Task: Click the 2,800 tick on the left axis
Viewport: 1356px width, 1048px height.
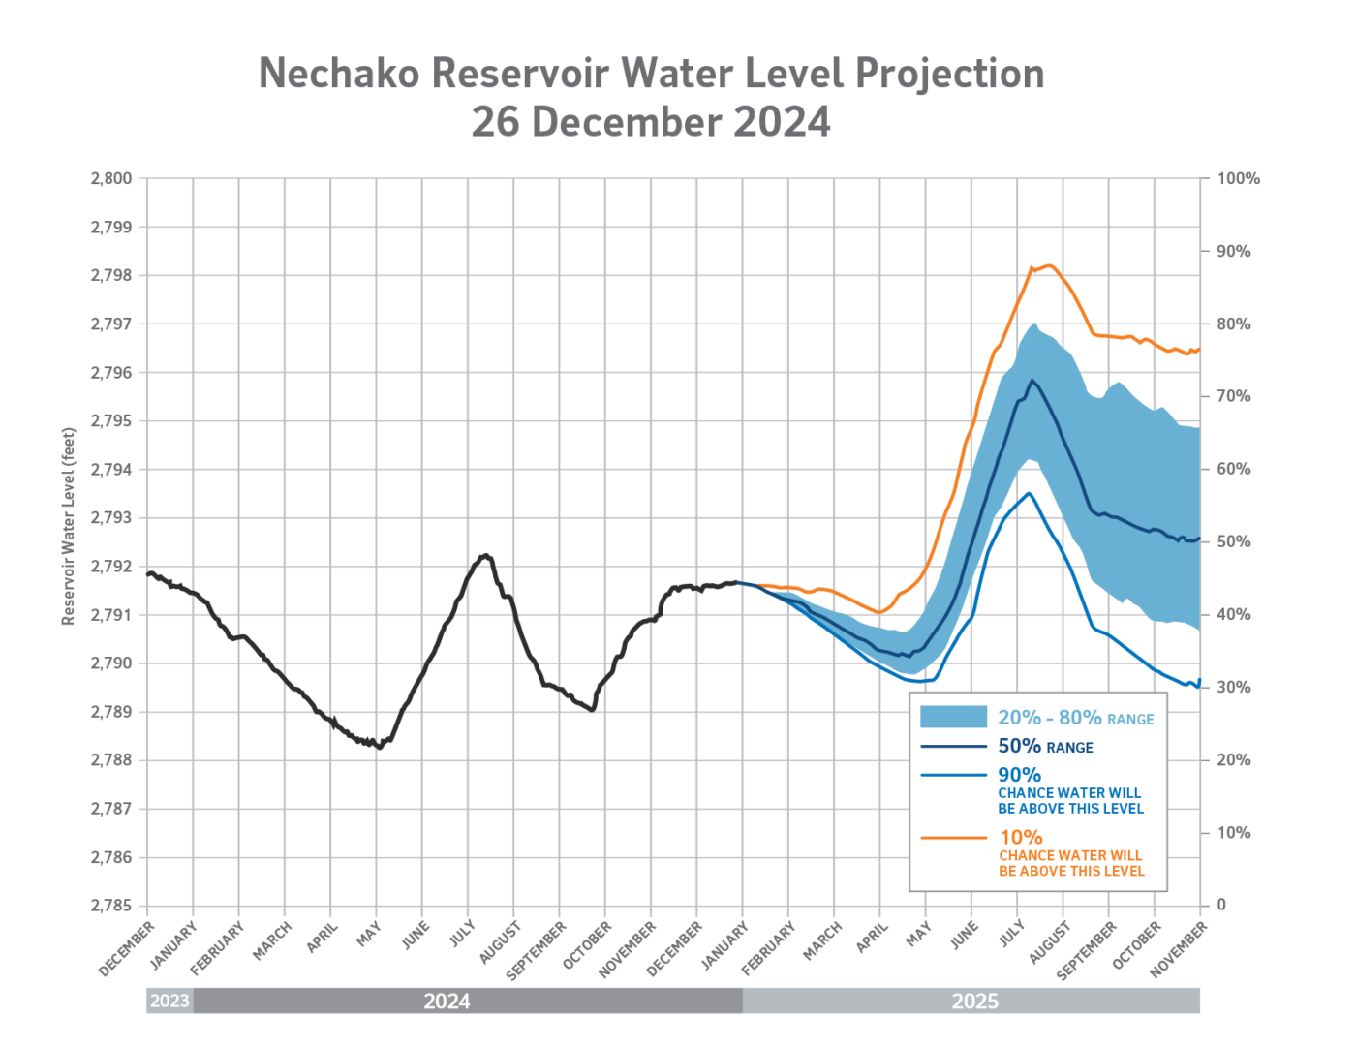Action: click(x=111, y=179)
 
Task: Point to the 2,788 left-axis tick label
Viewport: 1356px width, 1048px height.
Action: click(x=111, y=760)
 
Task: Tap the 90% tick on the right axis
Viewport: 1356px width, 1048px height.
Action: click(x=1233, y=252)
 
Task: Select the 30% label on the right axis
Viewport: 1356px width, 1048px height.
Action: click(x=1233, y=688)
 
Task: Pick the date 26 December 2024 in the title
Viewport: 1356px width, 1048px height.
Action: click(x=651, y=123)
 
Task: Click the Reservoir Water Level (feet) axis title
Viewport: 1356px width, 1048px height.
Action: click(x=68, y=526)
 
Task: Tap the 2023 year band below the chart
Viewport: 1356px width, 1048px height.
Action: click(x=169, y=1001)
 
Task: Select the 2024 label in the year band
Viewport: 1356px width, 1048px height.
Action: click(x=447, y=1001)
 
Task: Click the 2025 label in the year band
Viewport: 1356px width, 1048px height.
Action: click(x=974, y=1001)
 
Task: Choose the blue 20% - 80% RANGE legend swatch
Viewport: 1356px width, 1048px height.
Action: click(x=953, y=717)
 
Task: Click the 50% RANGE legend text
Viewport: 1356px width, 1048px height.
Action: click(x=1045, y=747)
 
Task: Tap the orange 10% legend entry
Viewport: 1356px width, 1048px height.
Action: click(x=1021, y=837)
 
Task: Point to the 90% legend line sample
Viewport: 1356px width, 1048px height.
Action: click(x=953, y=775)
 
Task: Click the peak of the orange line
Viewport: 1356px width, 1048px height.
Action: click(x=1048, y=265)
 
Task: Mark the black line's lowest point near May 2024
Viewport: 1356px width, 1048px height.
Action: click(x=380, y=747)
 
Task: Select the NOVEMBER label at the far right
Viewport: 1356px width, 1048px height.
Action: click(x=1179, y=949)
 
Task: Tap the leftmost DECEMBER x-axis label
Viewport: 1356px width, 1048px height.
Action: click(x=127, y=949)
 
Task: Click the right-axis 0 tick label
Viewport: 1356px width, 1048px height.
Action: click(x=1221, y=906)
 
